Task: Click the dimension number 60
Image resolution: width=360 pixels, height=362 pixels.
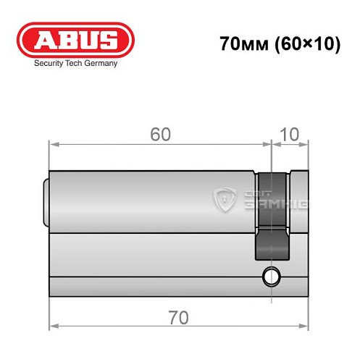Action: pos(160,133)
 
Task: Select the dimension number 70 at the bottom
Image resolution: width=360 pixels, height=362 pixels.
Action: pos(178,317)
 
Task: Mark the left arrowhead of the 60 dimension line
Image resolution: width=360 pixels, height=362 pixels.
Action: pos(52,143)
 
